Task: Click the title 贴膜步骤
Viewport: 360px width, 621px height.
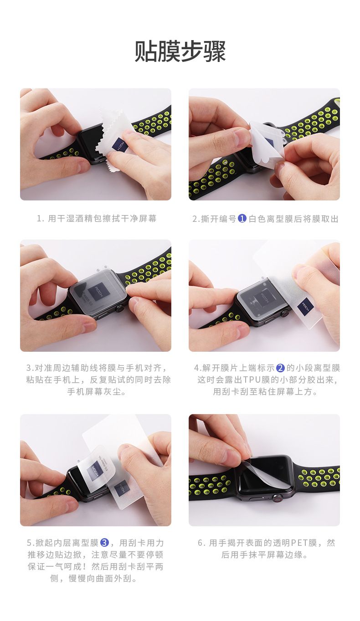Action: (180, 51)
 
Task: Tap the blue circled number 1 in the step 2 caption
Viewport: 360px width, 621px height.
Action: (242, 219)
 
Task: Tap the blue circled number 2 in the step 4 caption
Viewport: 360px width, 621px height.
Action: (281, 368)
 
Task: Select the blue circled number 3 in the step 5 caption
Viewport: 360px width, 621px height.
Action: (104, 543)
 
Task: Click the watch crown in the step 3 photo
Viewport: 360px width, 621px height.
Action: (119, 308)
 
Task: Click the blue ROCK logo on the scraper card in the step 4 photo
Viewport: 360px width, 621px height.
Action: (305, 306)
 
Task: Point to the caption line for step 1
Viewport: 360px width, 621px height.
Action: (97, 218)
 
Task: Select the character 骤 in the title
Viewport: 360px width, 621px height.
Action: (215, 51)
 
